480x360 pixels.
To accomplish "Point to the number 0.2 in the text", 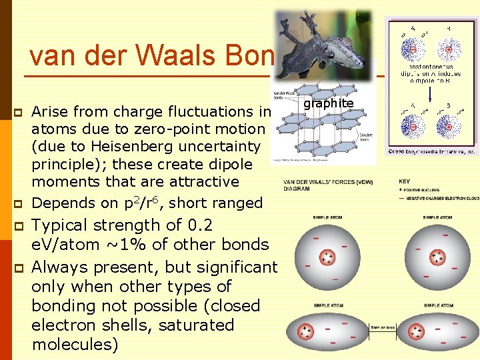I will [199, 225].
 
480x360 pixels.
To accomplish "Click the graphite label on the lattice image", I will [328, 103].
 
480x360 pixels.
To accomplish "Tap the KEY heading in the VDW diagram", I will [404, 181].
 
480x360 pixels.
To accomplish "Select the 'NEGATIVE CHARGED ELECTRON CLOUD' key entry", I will [441, 198].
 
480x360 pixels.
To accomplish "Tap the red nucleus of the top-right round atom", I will [438, 257].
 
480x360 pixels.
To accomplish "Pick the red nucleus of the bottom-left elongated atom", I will [307, 331].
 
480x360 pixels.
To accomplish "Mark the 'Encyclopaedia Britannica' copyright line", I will [433, 152].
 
